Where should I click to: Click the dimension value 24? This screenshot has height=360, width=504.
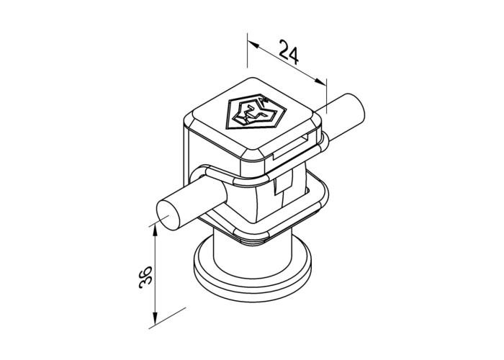click(289, 52)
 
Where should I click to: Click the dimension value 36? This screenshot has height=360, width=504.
click(145, 277)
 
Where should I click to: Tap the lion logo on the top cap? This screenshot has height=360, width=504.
click(256, 112)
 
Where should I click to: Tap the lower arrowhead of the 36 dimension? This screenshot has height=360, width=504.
click(156, 319)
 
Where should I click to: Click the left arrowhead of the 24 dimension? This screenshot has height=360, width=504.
click(254, 45)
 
